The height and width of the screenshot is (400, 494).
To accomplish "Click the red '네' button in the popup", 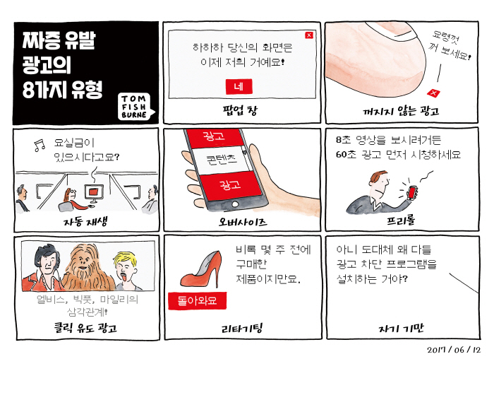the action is (239, 86).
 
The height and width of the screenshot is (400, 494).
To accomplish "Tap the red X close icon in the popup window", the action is (309, 35).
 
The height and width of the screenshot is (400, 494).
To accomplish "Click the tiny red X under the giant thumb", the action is (433, 93).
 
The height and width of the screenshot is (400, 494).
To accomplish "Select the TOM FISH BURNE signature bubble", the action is (136, 107).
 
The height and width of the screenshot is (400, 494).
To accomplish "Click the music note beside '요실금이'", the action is (40, 146).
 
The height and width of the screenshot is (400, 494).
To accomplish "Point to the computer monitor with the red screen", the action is (94, 194).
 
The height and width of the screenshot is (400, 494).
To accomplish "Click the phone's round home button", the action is (235, 204).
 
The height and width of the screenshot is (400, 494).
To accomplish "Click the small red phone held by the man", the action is (412, 192).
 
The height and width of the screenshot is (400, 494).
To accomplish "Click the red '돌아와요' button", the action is (197, 300).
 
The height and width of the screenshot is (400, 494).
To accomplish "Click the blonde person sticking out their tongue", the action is (126, 271).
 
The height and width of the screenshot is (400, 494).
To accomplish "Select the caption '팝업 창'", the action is (240, 110).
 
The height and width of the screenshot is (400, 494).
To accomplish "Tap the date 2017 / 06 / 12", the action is (454, 350).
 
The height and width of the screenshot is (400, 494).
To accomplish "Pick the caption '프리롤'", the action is (401, 220).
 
